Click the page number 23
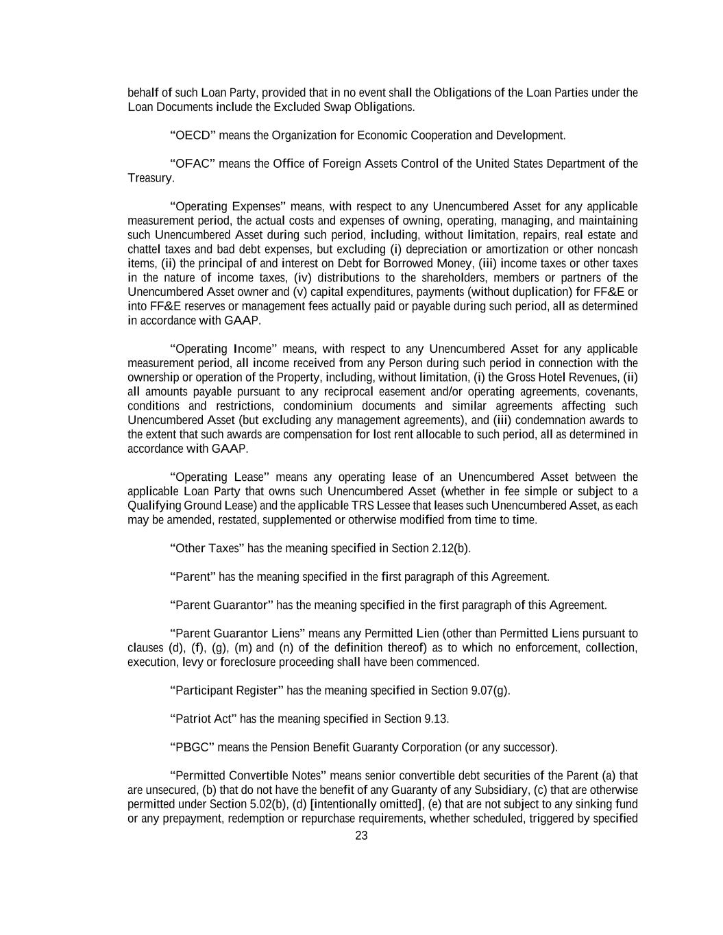tap(361, 836)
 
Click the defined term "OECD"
tap(193, 136)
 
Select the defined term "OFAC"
tap(193, 164)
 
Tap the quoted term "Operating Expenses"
tap(228, 206)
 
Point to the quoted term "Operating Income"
tap(223, 349)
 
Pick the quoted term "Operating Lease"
tap(219, 477)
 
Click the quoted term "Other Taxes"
tap(206, 549)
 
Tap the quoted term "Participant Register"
tap(226, 690)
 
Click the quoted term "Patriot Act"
tap(203, 719)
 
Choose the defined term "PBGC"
tap(193, 747)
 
